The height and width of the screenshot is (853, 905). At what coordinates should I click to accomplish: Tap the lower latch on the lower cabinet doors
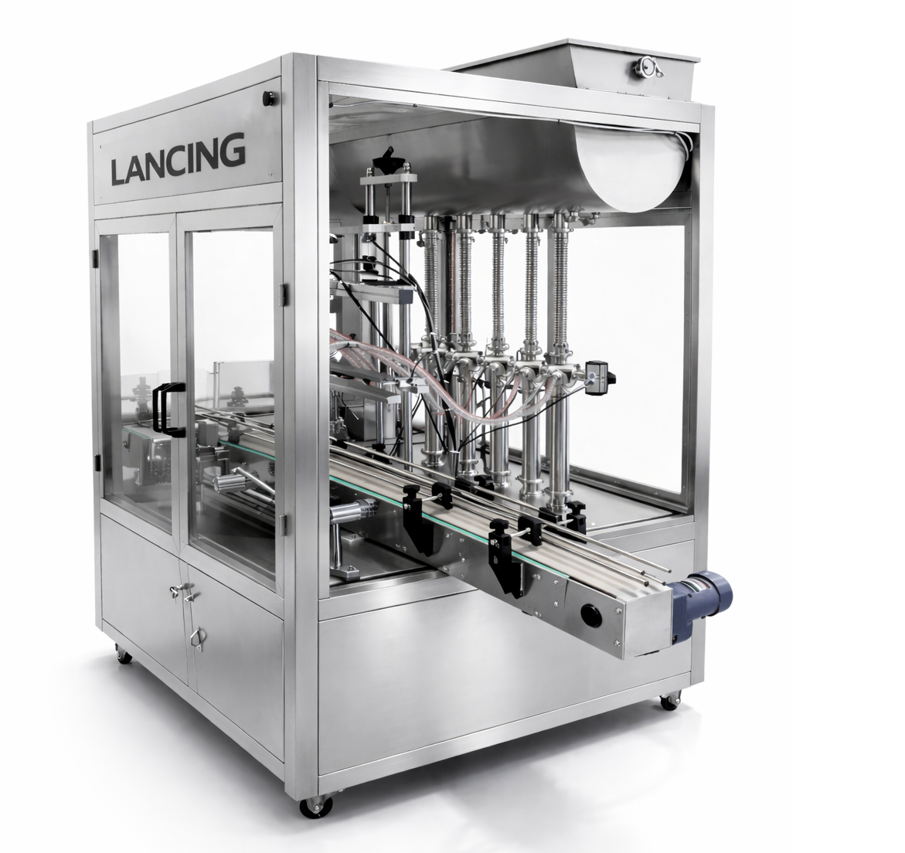click(196, 635)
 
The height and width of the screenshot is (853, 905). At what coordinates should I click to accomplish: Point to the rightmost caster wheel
click(665, 702)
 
